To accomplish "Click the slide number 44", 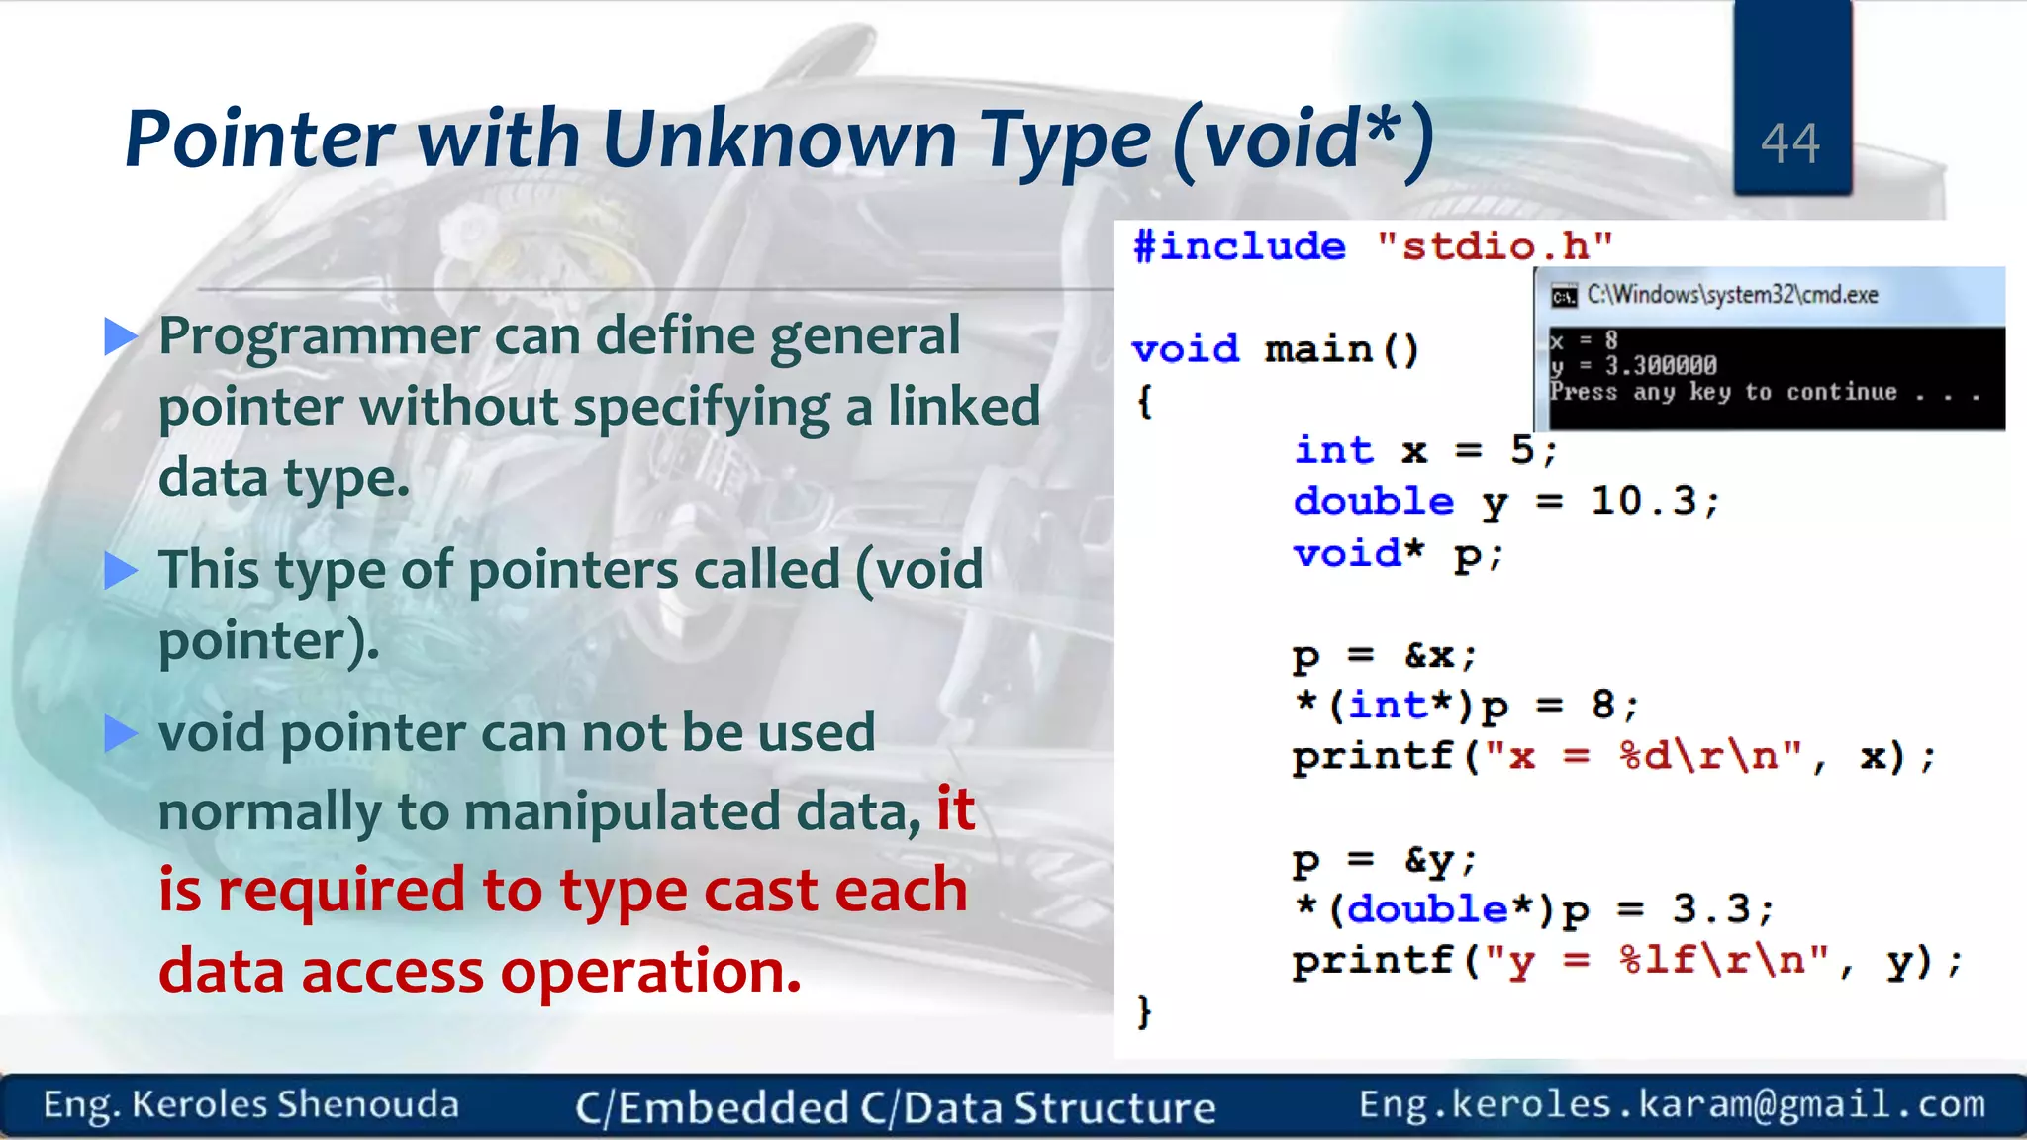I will pyautogui.click(x=1789, y=144).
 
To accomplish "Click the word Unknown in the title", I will pyautogui.click(x=780, y=139).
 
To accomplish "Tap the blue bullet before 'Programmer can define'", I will pyautogui.click(x=121, y=337).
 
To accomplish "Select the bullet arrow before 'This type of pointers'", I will pyautogui.click(x=121, y=571).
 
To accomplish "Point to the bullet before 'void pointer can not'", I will pyautogui.click(x=121, y=733).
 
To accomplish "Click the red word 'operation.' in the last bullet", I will pyautogui.click(x=650, y=972).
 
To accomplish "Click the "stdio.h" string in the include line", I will pyautogui.click(x=1495, y=246).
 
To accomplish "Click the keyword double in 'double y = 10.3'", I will pyautogui.click(x=1374, y=502).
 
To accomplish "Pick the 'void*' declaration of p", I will pyautogui.click(x=1358, y=553).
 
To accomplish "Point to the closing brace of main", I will pyautogui.click(x=1144, y=1011).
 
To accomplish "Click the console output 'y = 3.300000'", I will pyautogui.click(x=1633, y=366).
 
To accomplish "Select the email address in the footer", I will pyautogui.click(x=1672, y=1104).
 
